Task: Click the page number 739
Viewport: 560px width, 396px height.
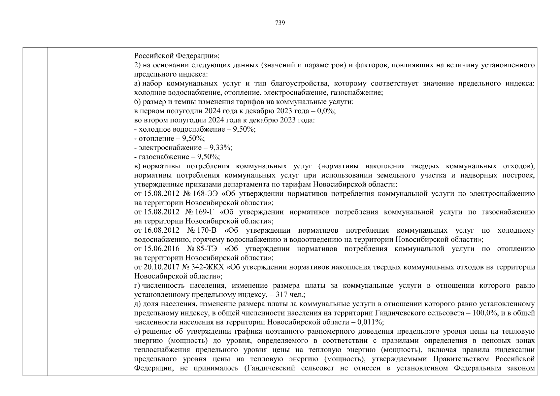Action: pos(280,23)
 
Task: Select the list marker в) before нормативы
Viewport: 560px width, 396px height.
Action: pos(138,166)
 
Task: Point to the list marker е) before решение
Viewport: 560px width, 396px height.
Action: pos(137,331)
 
